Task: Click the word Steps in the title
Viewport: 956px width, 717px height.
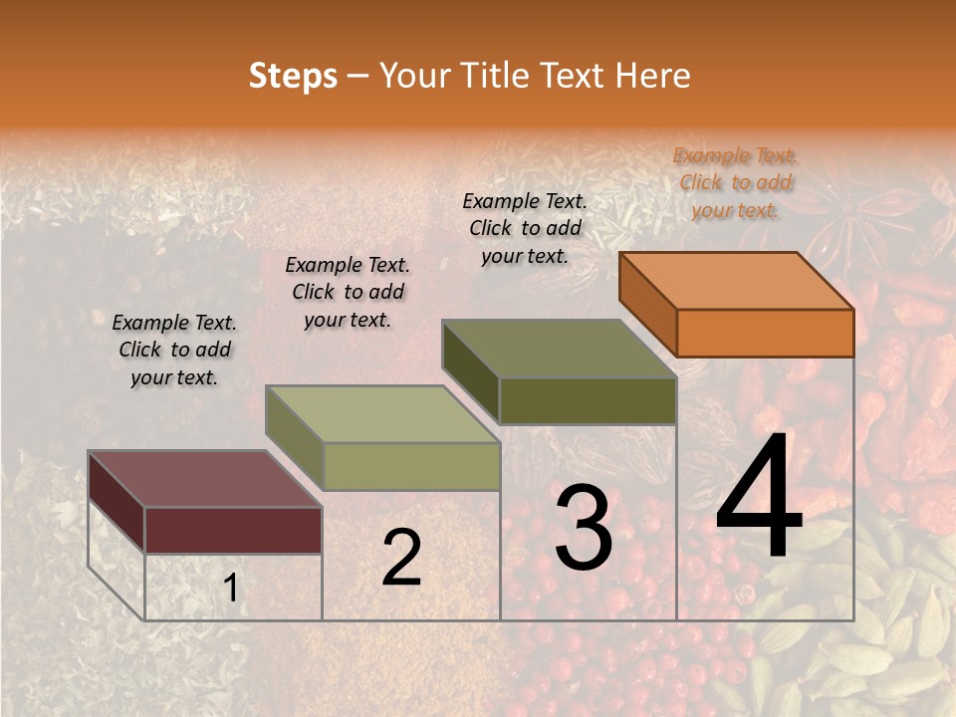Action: [293, 76]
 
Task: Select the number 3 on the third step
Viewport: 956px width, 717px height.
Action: [584, 527]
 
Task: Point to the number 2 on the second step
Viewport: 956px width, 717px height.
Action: [401, 558]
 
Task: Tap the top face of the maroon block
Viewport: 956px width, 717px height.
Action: [204, 479]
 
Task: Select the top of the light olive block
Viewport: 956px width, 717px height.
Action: [381, 414]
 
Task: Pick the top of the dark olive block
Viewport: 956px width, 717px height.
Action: [559, 349]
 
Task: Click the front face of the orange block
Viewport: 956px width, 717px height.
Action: [765, 333]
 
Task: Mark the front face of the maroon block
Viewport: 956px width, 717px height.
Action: [233, 530]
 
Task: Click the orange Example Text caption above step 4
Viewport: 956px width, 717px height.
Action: [735, 182]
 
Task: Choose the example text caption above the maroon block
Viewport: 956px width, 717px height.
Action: [174, 350]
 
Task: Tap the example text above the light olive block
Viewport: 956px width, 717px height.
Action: [348, 292]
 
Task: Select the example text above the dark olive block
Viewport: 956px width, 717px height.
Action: [525, 228]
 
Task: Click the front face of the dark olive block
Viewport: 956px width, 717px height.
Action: [588, 400]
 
